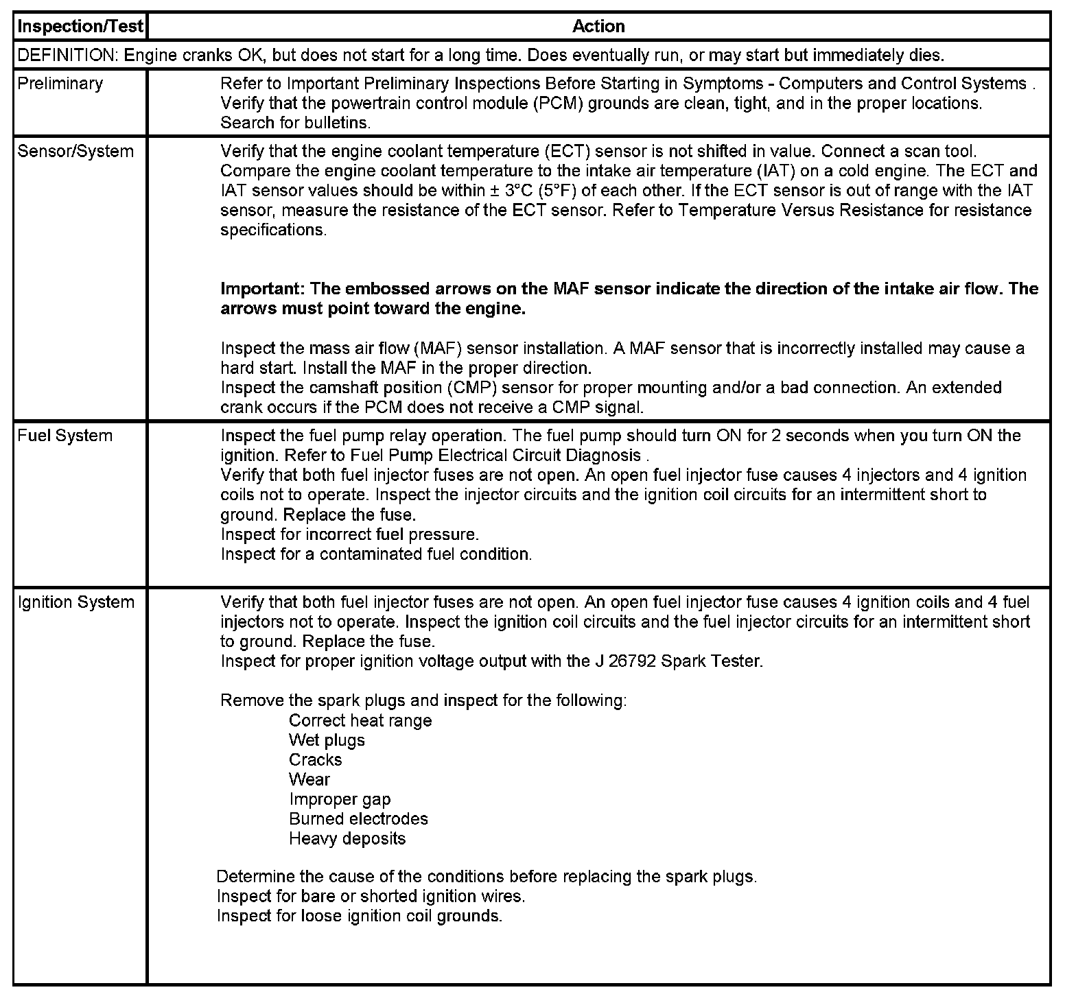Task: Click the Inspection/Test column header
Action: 80,27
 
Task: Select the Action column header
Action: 598,27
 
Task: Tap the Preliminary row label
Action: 60,84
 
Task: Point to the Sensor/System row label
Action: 75,151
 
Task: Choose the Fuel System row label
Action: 65,436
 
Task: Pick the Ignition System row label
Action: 75,602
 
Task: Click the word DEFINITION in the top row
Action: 66,55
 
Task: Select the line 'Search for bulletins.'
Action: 296,123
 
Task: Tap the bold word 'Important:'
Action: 262,289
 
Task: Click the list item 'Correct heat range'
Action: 360,720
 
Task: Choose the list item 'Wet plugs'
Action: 327,740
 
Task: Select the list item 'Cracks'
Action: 315,759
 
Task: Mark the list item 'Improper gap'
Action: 340,799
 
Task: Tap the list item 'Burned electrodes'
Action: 358,818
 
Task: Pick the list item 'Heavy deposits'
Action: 347,838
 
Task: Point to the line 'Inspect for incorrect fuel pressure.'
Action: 350,534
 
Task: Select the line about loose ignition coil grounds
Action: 360,916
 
